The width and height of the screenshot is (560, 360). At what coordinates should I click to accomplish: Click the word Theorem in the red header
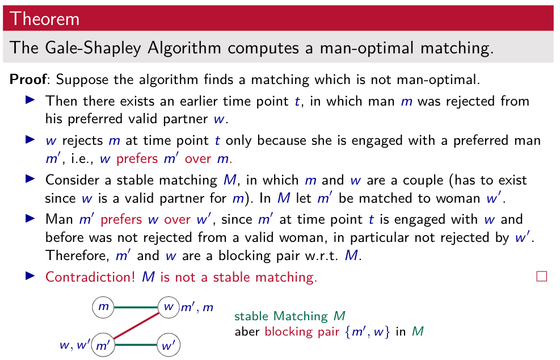pyautogui.click(x=44, y=19)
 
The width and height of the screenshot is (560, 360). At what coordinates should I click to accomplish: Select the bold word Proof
pyautogui.click(x=28, y=79)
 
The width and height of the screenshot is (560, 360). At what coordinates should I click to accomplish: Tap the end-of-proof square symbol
pyautogui.click(x=541, y=277)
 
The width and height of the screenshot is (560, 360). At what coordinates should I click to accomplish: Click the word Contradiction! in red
pyautogui.click(x=90, y=277)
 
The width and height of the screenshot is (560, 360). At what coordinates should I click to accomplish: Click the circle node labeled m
pyautogui.click(x=103, y=307)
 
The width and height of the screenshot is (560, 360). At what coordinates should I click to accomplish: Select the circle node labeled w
pyautogui.click(x=169, y=307)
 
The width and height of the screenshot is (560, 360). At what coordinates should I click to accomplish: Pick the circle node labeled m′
pyautogui.click(x=103, y=345)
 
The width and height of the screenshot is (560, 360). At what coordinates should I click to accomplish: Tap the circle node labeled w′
pyautogui.click(x=169, y=345)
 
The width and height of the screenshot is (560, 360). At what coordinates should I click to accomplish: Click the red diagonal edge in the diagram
pyautogui.click(x=136, y=325)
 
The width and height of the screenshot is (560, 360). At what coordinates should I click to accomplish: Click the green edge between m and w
pyautogui.click(x=136, y=307)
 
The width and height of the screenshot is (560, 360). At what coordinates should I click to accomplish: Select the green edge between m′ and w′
pyautogui.click(x=136, y=345)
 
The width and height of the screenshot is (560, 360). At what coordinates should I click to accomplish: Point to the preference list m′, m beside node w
pyautogui.click(x=197, y=307)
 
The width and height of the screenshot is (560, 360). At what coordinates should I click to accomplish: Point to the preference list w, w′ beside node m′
pyautogui.click(x=75, y=345)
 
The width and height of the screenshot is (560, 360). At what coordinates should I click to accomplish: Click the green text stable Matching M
pyautogui.click(x=289, y=316)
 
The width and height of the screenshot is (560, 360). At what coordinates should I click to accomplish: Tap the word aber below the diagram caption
pyautogui.click(x=247, y=332)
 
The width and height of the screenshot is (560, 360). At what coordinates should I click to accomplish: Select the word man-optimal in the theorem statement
pyautogui.click(x=367, y=48)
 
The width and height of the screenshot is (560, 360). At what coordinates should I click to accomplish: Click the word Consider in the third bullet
pyautogui.click(x=72, y=180)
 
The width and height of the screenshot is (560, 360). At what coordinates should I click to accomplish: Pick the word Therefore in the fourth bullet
pyautogui.click(x=77, y=256)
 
